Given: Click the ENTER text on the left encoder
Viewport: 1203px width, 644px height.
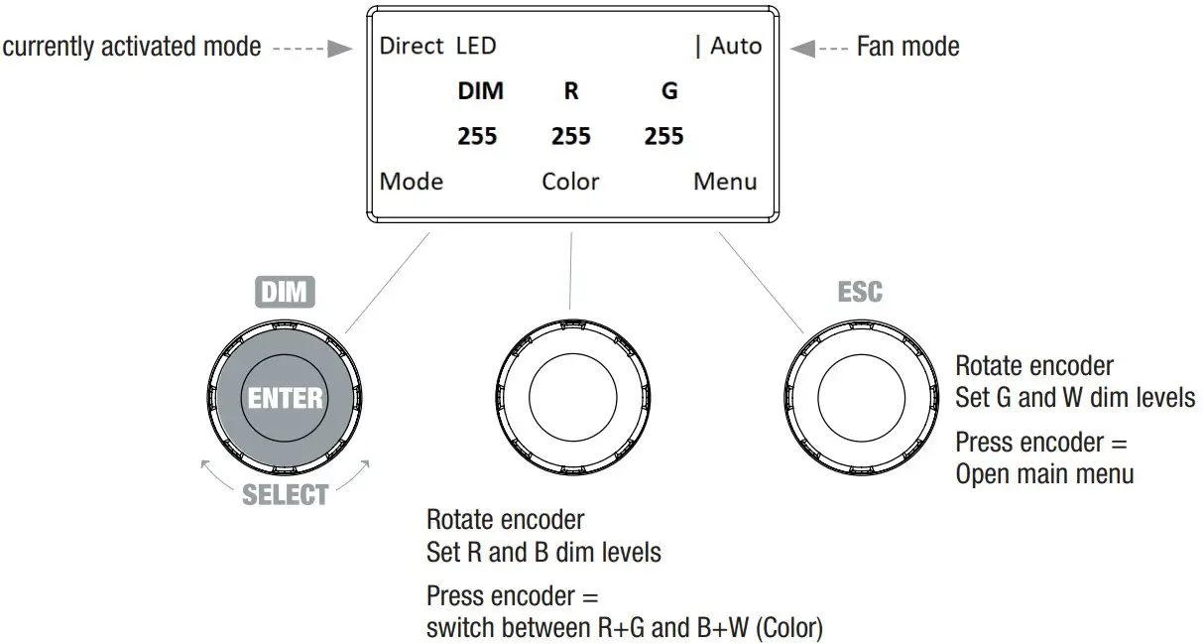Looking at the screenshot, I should [286, 398].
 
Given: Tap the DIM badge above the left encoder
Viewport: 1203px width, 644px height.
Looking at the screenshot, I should [285, 292].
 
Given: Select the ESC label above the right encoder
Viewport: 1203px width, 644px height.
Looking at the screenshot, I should [859, 292].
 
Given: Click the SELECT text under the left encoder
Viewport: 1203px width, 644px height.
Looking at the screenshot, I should [286, 494].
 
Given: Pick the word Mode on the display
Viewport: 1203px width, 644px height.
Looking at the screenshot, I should [412, 182].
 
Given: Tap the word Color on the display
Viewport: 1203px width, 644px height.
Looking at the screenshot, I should [570, 182].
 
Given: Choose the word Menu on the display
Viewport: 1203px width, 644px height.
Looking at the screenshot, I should [725, 182].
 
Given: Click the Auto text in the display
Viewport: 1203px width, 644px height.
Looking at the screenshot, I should [736, 46].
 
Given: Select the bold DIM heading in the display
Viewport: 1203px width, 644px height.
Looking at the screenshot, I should [480, 91].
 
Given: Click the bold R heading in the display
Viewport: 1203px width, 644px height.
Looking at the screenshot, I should [571, 91].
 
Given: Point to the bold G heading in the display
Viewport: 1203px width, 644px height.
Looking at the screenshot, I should [669, 91].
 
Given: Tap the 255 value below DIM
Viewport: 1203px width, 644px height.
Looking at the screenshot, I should [477, 136].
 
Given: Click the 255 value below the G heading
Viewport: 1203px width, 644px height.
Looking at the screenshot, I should [663, 136].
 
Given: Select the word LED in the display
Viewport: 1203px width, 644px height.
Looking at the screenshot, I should [476, 46].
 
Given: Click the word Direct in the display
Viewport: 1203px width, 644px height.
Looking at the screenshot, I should [412, 46].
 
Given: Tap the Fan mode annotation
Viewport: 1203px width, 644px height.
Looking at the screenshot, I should [907, 46].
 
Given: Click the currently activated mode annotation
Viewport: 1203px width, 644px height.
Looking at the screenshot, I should [132, 46].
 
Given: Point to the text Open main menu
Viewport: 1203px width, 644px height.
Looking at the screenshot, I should [1044, 473].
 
